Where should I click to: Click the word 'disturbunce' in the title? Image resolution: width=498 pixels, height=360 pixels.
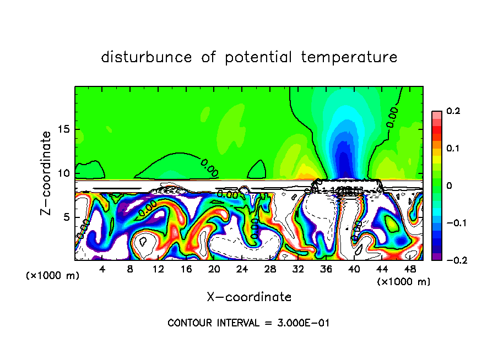point(146,57)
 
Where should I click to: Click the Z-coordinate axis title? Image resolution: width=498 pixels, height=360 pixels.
point(47,173)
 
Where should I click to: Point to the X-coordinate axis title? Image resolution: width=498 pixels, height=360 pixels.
point(249,297)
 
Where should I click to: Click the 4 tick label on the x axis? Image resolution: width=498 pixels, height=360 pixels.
point(102,269)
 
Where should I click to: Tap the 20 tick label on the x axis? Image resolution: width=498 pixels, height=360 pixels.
point(214,269)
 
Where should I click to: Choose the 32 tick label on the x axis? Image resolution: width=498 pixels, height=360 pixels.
point(298,269)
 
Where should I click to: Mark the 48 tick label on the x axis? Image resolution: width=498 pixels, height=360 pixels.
point(410,269)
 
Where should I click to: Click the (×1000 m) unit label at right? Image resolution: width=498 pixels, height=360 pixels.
point(404,281)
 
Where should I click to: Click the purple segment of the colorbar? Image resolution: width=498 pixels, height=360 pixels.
point(436,257)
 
